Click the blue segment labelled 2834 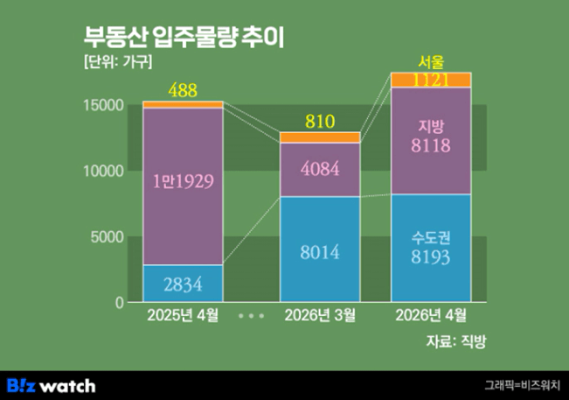(x=183, y=283)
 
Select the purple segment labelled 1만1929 (x=183, y=183)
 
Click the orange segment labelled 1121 (x=431, y=80)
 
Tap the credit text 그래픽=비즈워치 (x=523, y=385)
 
